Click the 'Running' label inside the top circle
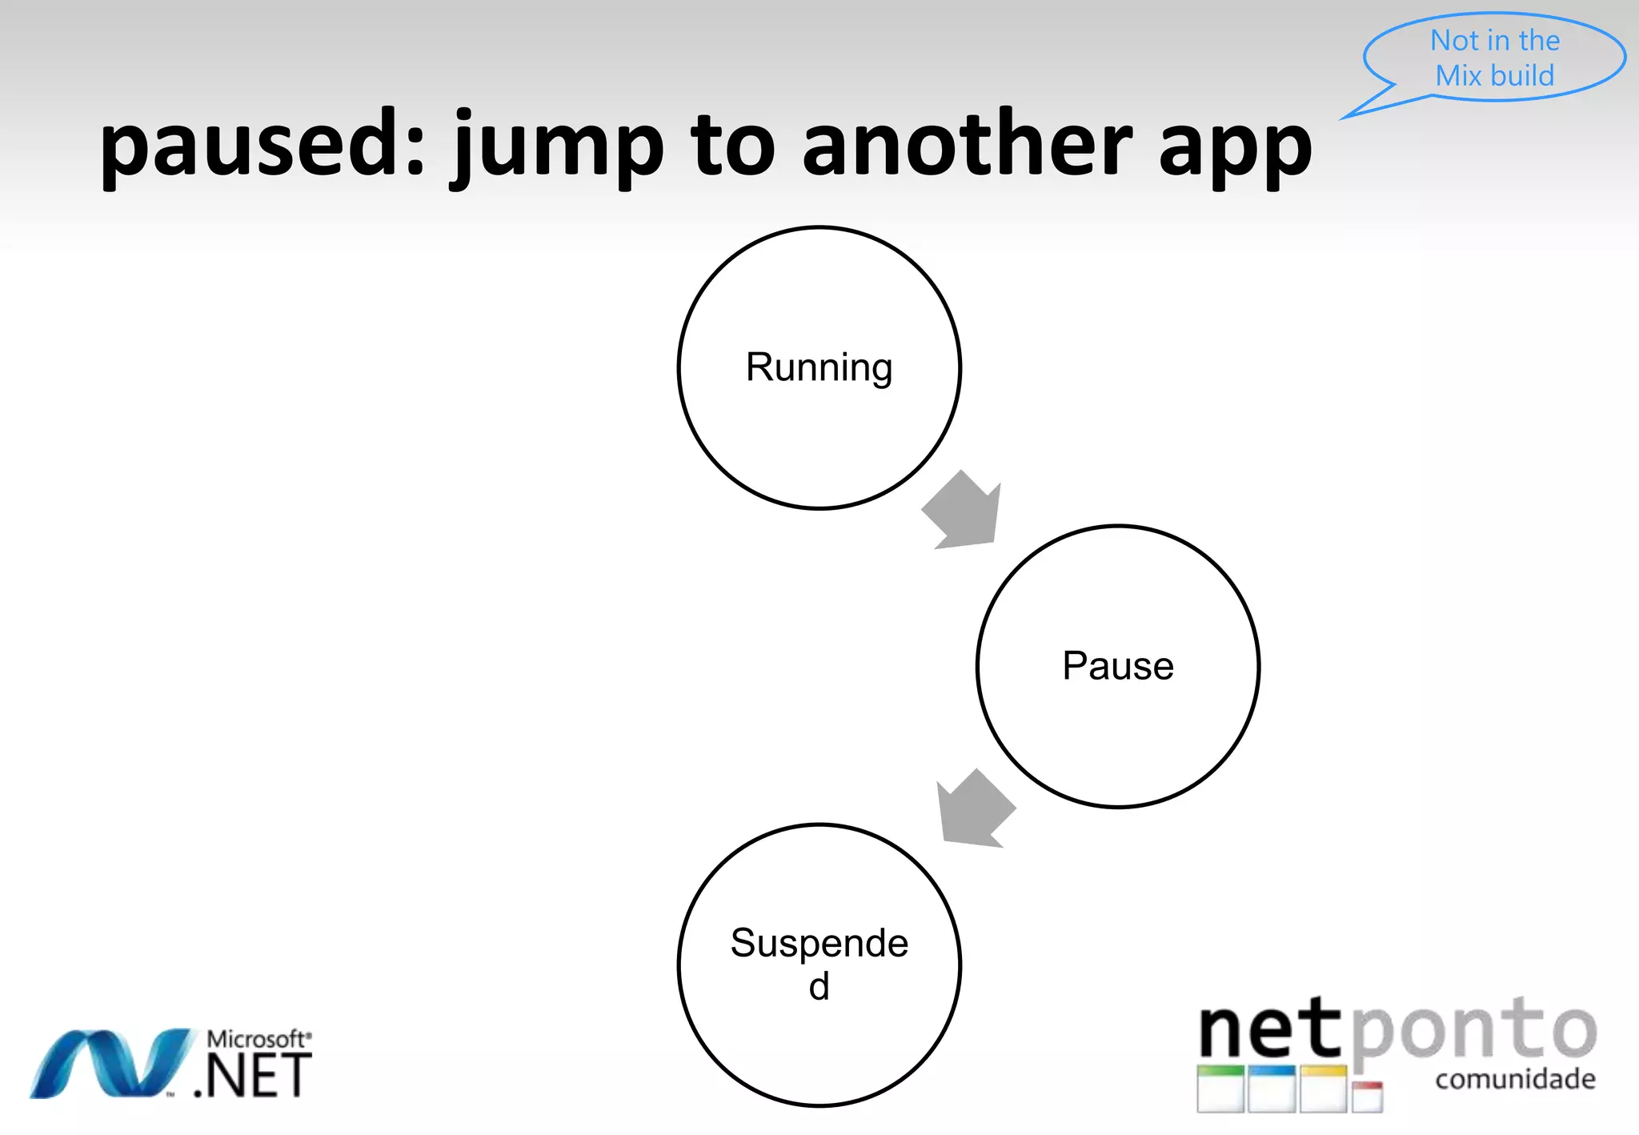tap(819, 367)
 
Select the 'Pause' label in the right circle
tap(1118, 666)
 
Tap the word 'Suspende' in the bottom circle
tap(819, 943)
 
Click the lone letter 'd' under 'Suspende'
tap(819, 987)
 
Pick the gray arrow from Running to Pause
tap(964, 511)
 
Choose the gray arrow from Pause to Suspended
tap(975, 809)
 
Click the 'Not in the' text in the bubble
tap(1494, 40)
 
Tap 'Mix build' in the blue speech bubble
tap(1494, 75)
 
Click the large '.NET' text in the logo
tap(253, 1077)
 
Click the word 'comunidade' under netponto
tap(1515, 1080)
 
